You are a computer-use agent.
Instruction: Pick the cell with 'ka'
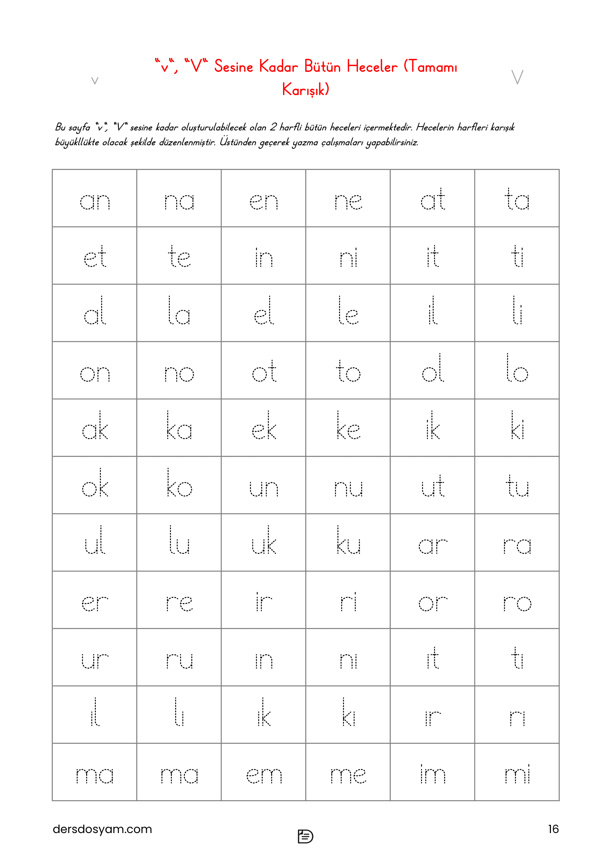179,428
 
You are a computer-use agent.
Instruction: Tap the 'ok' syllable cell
95,485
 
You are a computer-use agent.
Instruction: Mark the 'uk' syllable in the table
263,542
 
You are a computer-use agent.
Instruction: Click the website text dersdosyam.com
102,829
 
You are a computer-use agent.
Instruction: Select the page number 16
553,829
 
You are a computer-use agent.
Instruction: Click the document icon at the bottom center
305,836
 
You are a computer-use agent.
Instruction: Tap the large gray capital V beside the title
517,77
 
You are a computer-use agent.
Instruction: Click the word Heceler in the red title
371,67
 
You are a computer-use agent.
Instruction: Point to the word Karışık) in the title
306,90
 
